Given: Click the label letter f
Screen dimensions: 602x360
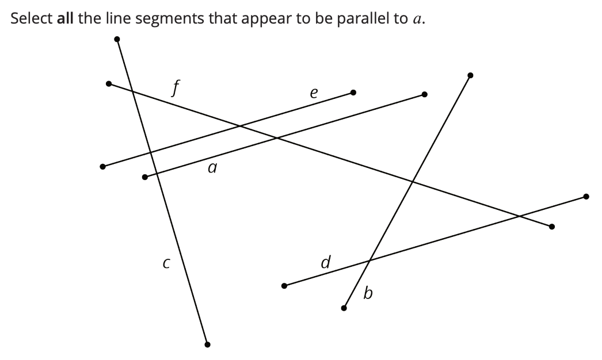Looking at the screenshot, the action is tap(176, 89).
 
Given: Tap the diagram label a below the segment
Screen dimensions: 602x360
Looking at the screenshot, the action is tap(212, 168).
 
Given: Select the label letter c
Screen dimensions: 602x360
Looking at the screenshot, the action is tap(166, 264).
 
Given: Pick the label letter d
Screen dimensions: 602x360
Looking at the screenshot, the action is tap(326, 263).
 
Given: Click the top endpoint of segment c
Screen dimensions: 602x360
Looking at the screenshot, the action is tap(117, 39).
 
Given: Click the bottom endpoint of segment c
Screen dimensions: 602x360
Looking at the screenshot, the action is tap(208, 344).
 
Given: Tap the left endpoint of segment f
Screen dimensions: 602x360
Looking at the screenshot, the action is tap(109, 84).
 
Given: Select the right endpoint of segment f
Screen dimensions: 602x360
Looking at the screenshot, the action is tap(551, 227).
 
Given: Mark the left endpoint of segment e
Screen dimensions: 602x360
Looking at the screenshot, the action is tap(102, 167).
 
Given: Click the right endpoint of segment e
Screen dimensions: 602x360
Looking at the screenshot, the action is tap(353, 92).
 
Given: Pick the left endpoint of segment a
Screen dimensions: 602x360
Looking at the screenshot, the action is tap(144, 177).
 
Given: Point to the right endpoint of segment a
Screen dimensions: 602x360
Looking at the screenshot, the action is tap(424, 94).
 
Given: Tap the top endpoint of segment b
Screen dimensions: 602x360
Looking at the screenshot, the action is tap(470, 75).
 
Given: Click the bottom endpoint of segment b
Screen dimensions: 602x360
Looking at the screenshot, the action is tap(344, 308).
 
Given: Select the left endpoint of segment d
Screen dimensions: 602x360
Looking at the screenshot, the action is tap(284, 286).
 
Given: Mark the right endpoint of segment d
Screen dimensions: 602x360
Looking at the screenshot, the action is tap(586, 197).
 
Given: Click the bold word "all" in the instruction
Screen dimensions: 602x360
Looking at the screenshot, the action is tap(66, 18).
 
